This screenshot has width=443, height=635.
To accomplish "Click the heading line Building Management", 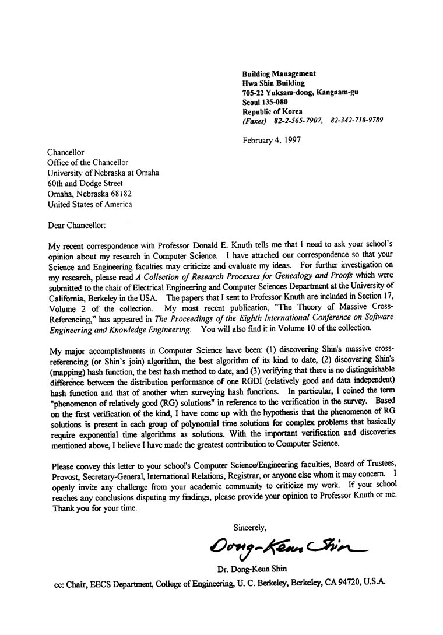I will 279,74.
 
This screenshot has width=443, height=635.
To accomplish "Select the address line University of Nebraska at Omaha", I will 103,173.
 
